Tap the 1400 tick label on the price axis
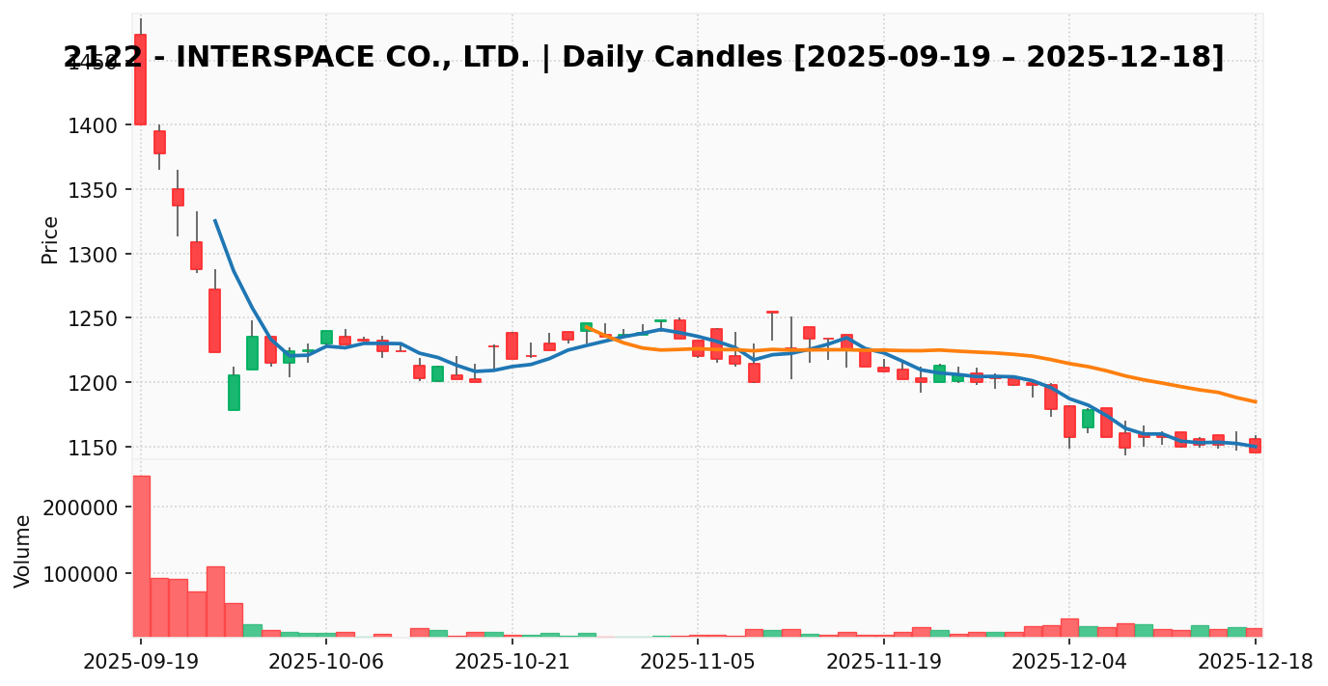point(94,125)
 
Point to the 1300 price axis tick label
point(94,255)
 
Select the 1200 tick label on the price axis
point(94,383)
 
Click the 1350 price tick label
point(94,190)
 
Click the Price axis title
point(50,239)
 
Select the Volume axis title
point(23,550)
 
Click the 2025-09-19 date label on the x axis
point(140,662)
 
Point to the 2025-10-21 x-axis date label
point(512,662)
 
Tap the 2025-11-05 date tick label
point(698,662)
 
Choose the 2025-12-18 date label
point(1256,662)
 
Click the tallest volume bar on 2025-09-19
point(141,556)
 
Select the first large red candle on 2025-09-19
point(140,79)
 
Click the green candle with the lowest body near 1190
point(234,392)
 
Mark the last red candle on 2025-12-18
point(1255,445)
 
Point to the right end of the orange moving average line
point(1256,401)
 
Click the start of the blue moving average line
point(215,220)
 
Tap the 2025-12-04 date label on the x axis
point(1069,662)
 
